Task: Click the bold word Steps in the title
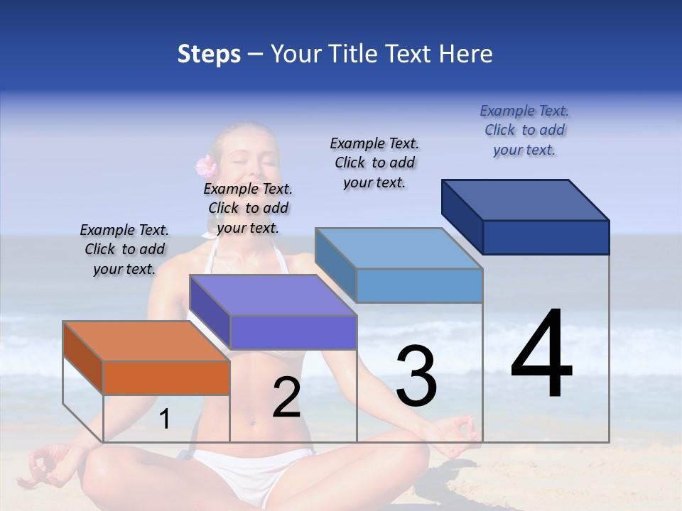click(x=208, y=54)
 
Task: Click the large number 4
click(x=541, y=355)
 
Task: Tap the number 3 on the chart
click(x=416, y=376)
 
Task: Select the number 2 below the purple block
click(x=286, y=397)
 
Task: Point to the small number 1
click(x=164, y=419)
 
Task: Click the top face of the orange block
click(x=146, y=341)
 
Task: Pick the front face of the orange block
click(x=166, y=378)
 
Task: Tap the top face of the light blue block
click(x=399, y=248)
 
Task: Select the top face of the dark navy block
click(x=526, y=200)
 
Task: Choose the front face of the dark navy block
click(x=546, y=237)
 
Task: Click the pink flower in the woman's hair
click(x=206, y=166)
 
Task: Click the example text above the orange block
click(x=124, y=250)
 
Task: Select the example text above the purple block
click(x=248, y=209)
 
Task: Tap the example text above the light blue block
click(x=374, y=163)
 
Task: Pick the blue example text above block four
click(x=524, y=131)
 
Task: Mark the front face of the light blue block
click(x=419, y=285)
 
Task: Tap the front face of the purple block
click(x=293, y=332)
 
